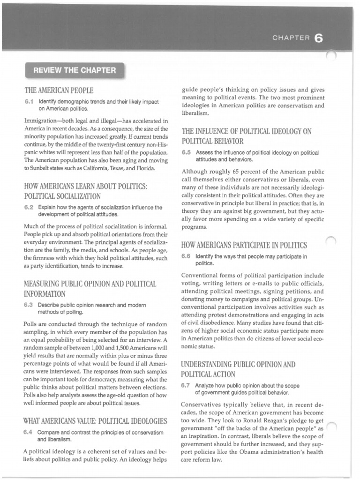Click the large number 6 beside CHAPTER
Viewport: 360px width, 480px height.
[x=319, y=39]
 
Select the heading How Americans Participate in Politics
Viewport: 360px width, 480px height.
[x=244, y=245]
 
